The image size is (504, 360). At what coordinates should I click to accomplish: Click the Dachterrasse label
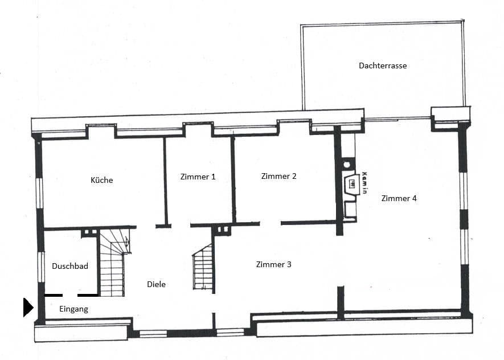(x=383, y=66)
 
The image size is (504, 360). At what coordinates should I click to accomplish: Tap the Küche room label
(x=102, y=180)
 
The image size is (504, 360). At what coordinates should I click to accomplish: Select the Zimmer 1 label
(x=198, y=177)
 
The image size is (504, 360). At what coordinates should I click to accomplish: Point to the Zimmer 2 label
(x=278, y=176)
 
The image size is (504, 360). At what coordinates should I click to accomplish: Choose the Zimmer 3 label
(x=274, y=264)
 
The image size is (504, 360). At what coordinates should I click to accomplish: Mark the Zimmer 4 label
(x=399, y=198)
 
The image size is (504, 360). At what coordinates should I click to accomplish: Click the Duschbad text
(x=69, y=266)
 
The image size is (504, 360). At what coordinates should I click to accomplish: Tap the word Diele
(x=156, y=284)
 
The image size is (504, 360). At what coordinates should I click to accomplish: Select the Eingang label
(x=73, y=309)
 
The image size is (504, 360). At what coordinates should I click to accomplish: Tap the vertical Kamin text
(x=364, y=183)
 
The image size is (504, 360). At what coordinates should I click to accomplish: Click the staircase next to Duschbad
(x=113, y=262)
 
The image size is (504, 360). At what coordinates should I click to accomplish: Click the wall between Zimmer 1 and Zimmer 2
(x=233, y=179)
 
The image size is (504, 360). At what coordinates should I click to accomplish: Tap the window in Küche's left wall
(x=39, y=193)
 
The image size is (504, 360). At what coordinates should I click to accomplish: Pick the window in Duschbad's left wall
(x=40, y=267)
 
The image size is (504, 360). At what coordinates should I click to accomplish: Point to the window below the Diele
(x=153, y=333)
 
